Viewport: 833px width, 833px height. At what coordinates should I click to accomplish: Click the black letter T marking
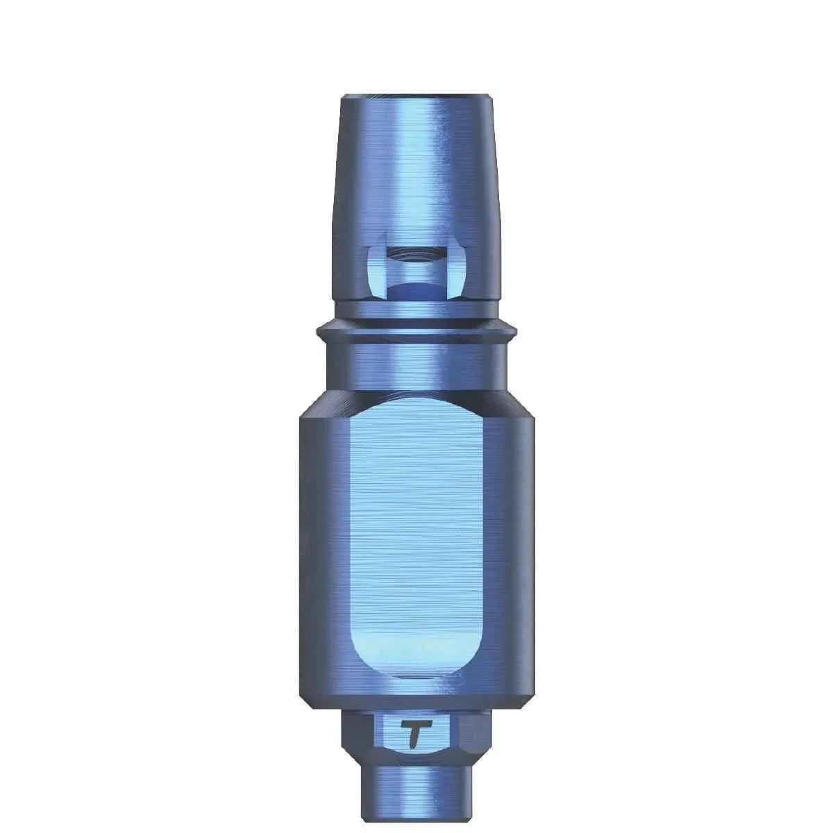coord(415,734)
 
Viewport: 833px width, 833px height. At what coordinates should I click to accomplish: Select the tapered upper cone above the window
coord(416,174)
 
